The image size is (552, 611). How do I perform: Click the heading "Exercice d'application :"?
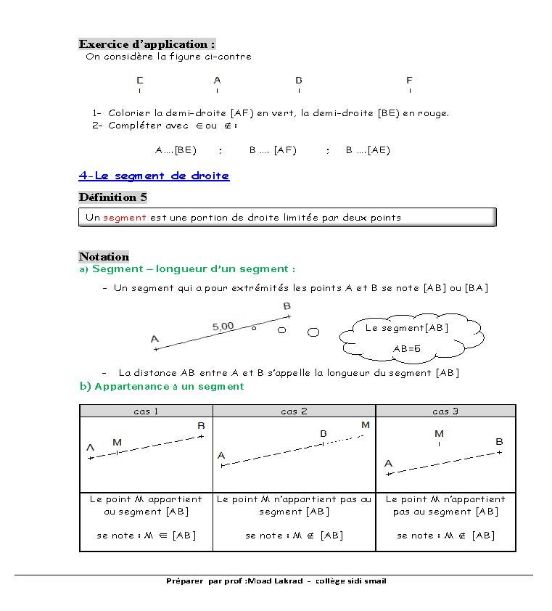(x=147, y=44)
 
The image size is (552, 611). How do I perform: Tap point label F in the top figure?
(x=409, y=81)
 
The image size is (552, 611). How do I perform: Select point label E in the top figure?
(x=140, y=81)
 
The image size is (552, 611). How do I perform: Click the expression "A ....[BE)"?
(x=176, y=150)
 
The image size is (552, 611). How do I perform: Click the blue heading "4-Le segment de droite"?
(x=154, y=176)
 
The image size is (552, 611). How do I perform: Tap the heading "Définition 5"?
(x=112, y=197)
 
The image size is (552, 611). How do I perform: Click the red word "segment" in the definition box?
(x=124, y=217)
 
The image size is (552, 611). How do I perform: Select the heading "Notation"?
(x=104, y=256)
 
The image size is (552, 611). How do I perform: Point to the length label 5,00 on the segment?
(x=223, y=327)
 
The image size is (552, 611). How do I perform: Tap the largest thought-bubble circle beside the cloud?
(x=313, y=332)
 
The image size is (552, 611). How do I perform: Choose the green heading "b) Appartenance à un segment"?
(x=161, y=387)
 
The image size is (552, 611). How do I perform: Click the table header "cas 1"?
(x=146, y=411)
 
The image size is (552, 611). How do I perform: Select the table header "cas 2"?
(x=294, y=411)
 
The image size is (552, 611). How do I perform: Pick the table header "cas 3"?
(x=445, y=411)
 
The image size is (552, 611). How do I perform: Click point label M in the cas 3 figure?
(x=439, y=434)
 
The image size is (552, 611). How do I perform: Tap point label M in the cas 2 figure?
(x=365, y=425)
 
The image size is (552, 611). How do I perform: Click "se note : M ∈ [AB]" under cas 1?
(x=146, y=536)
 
